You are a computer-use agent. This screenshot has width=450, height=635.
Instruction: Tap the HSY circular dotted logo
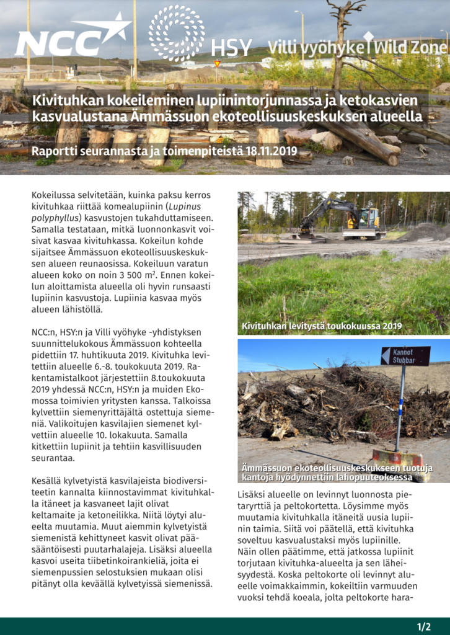(177, 32)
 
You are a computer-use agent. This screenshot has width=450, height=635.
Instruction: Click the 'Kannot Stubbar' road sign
(405, 356)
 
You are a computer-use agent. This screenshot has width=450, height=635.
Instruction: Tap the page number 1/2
(424, 626)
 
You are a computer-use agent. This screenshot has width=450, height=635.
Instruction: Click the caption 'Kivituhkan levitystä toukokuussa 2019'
(322, 326)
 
